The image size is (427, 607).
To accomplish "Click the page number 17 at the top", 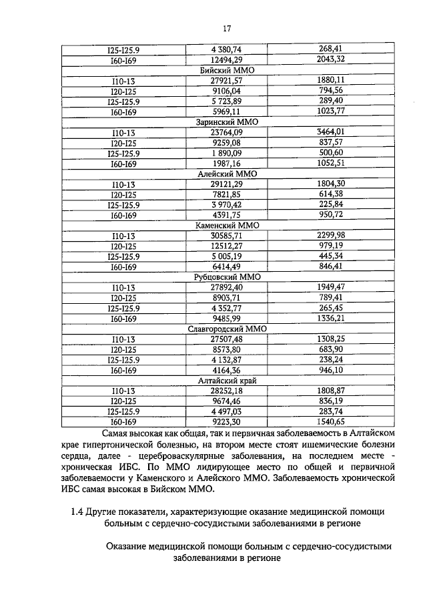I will tap(226, 28).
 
